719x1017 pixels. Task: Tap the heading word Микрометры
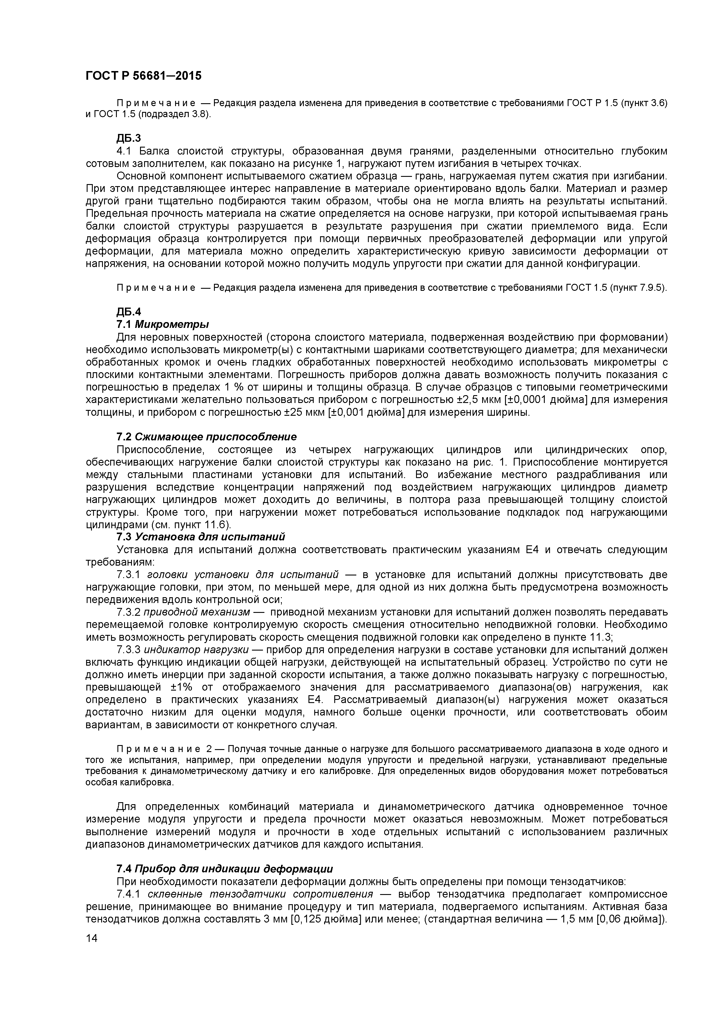(x=172, y=324)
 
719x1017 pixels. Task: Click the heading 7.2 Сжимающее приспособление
(x=206, y=437)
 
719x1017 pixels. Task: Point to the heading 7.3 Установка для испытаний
(x=200, y=537)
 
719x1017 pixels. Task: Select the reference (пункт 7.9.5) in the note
(x=638, y=288)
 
